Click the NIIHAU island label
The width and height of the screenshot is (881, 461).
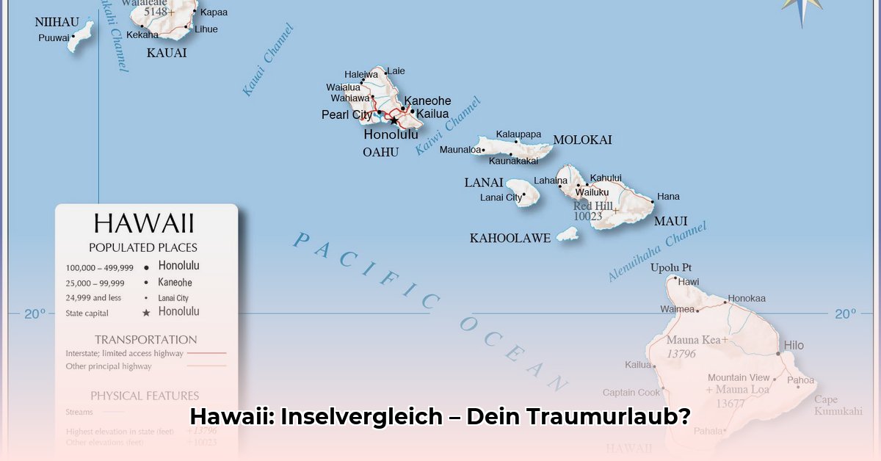coord(57,22)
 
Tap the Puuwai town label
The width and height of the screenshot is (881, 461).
coord(54,37)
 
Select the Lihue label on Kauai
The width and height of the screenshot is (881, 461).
coord(206,29)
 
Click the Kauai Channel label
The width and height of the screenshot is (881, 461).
coord(267,60)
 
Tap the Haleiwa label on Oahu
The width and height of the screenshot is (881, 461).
coord(361,74)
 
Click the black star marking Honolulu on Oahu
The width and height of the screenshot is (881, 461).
coord(394,120)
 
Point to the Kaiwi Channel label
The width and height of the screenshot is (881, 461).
coord(447,126)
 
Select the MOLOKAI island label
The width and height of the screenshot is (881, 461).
coord(582,139)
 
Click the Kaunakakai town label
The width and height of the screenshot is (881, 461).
coord(513,161)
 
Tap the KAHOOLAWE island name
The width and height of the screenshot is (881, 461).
coord(510,238)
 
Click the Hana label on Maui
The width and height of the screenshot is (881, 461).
coord(668,197)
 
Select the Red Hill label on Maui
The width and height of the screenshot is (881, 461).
coord(592,206)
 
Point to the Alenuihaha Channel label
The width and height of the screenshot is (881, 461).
coord(656,252)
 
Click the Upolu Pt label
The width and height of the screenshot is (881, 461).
coord(671,268)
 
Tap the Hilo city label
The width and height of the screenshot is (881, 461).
coord(794,345)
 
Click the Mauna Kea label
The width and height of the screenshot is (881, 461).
coord(693,341)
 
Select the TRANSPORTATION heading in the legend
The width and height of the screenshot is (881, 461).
coord(146,339)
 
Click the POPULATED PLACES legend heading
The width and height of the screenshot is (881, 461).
coord(143,247)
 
